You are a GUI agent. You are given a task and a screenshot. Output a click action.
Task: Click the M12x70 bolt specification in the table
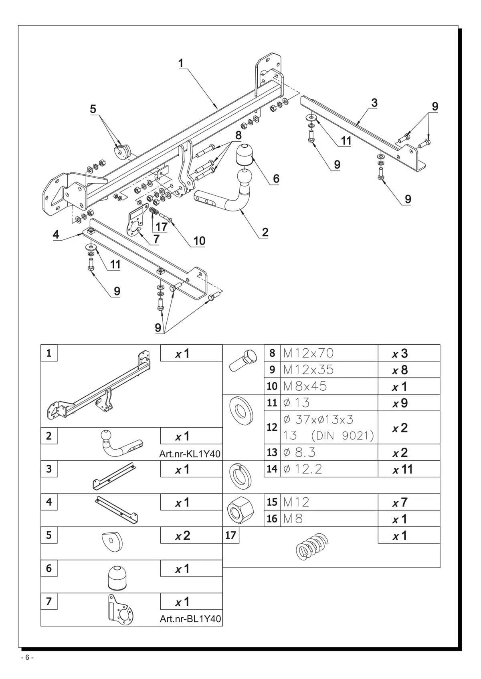308,353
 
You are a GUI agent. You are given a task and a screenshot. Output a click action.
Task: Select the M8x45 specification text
305,386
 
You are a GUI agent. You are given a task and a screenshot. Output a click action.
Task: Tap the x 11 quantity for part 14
403,470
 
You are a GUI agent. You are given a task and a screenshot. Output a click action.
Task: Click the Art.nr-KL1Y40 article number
190,454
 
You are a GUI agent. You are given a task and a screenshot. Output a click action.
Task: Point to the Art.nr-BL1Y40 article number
190,619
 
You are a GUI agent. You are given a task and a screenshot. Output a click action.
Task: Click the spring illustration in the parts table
312,546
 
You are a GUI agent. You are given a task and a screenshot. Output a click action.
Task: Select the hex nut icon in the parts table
240,510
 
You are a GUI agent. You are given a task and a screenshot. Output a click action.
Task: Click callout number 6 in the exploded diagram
276,179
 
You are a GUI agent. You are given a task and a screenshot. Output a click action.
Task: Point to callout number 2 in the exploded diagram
265,232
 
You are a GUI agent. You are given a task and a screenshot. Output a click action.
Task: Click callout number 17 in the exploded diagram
162,227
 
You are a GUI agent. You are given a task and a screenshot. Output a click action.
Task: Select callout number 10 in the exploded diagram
199,241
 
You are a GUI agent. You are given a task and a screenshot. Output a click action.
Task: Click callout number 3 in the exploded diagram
374,103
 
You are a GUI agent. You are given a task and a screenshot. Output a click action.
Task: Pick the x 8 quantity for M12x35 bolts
400,370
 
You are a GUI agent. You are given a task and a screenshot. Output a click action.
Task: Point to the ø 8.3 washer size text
299,452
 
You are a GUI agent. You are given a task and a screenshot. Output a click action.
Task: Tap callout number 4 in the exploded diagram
56,235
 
